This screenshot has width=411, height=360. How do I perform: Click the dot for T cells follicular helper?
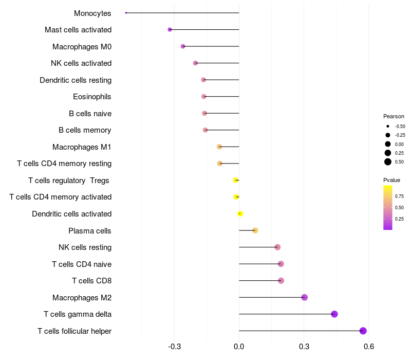point(363,331)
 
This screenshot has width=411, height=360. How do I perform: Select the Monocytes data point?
point(126,13)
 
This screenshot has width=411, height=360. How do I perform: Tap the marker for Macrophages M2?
point(304,297)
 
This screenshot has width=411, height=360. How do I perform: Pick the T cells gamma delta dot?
point(334,314)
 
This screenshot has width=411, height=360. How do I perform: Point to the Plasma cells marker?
point(255,230)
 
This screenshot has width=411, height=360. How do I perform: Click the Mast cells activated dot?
point(170,30)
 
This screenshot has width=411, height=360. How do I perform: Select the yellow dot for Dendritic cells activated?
point(240,213)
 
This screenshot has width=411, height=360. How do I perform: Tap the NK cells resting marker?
point(277,247)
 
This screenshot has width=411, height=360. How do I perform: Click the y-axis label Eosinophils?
point(92,97)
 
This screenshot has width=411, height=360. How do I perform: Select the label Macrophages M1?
point(82,147)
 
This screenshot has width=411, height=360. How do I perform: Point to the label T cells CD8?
point(91,281)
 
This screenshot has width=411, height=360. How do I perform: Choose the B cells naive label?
point(90,114)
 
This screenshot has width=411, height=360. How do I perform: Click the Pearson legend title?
point(394,116)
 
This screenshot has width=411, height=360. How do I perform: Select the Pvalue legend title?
point(391,180)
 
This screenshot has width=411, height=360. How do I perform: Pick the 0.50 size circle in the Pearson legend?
point(388,162)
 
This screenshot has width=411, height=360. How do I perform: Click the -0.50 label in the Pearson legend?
point(400,126)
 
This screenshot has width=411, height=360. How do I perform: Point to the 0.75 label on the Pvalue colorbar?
point(399,196)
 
